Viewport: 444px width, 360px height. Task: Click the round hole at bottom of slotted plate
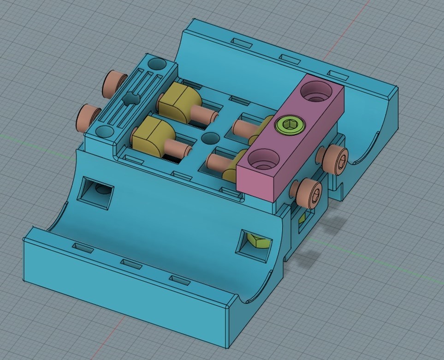pos(105,132)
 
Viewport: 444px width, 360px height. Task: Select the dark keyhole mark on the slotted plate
pos(130,98)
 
